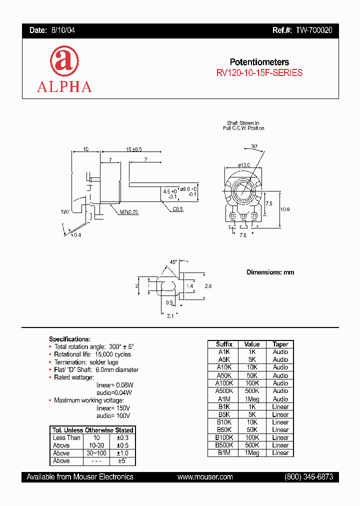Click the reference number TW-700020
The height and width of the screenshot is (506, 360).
tap(313, 30)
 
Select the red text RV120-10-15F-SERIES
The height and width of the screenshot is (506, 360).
tap(259, 72)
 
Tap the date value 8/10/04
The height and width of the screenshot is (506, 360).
tap(63, 30)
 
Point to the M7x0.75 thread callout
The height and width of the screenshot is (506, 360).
tap(128, 212)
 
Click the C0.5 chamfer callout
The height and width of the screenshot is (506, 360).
tap(178, 209)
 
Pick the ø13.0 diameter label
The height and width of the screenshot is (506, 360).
tap(243, 165)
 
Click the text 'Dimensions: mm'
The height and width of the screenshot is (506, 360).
tap(270, 272)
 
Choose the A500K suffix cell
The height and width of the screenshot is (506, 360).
tap(224, 391)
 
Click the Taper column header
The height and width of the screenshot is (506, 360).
tap(280, 344)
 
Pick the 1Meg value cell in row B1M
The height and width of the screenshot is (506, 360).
tap(252, 453)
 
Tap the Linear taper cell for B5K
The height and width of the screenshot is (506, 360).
tap(280, 414)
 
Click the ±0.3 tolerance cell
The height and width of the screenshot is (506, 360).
tap(121, 438)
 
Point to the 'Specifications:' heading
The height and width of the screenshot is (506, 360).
tap(69, 339)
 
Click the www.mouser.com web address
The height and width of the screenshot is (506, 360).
tap(205, 477)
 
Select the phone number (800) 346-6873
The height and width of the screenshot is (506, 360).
tap(308, 477)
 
